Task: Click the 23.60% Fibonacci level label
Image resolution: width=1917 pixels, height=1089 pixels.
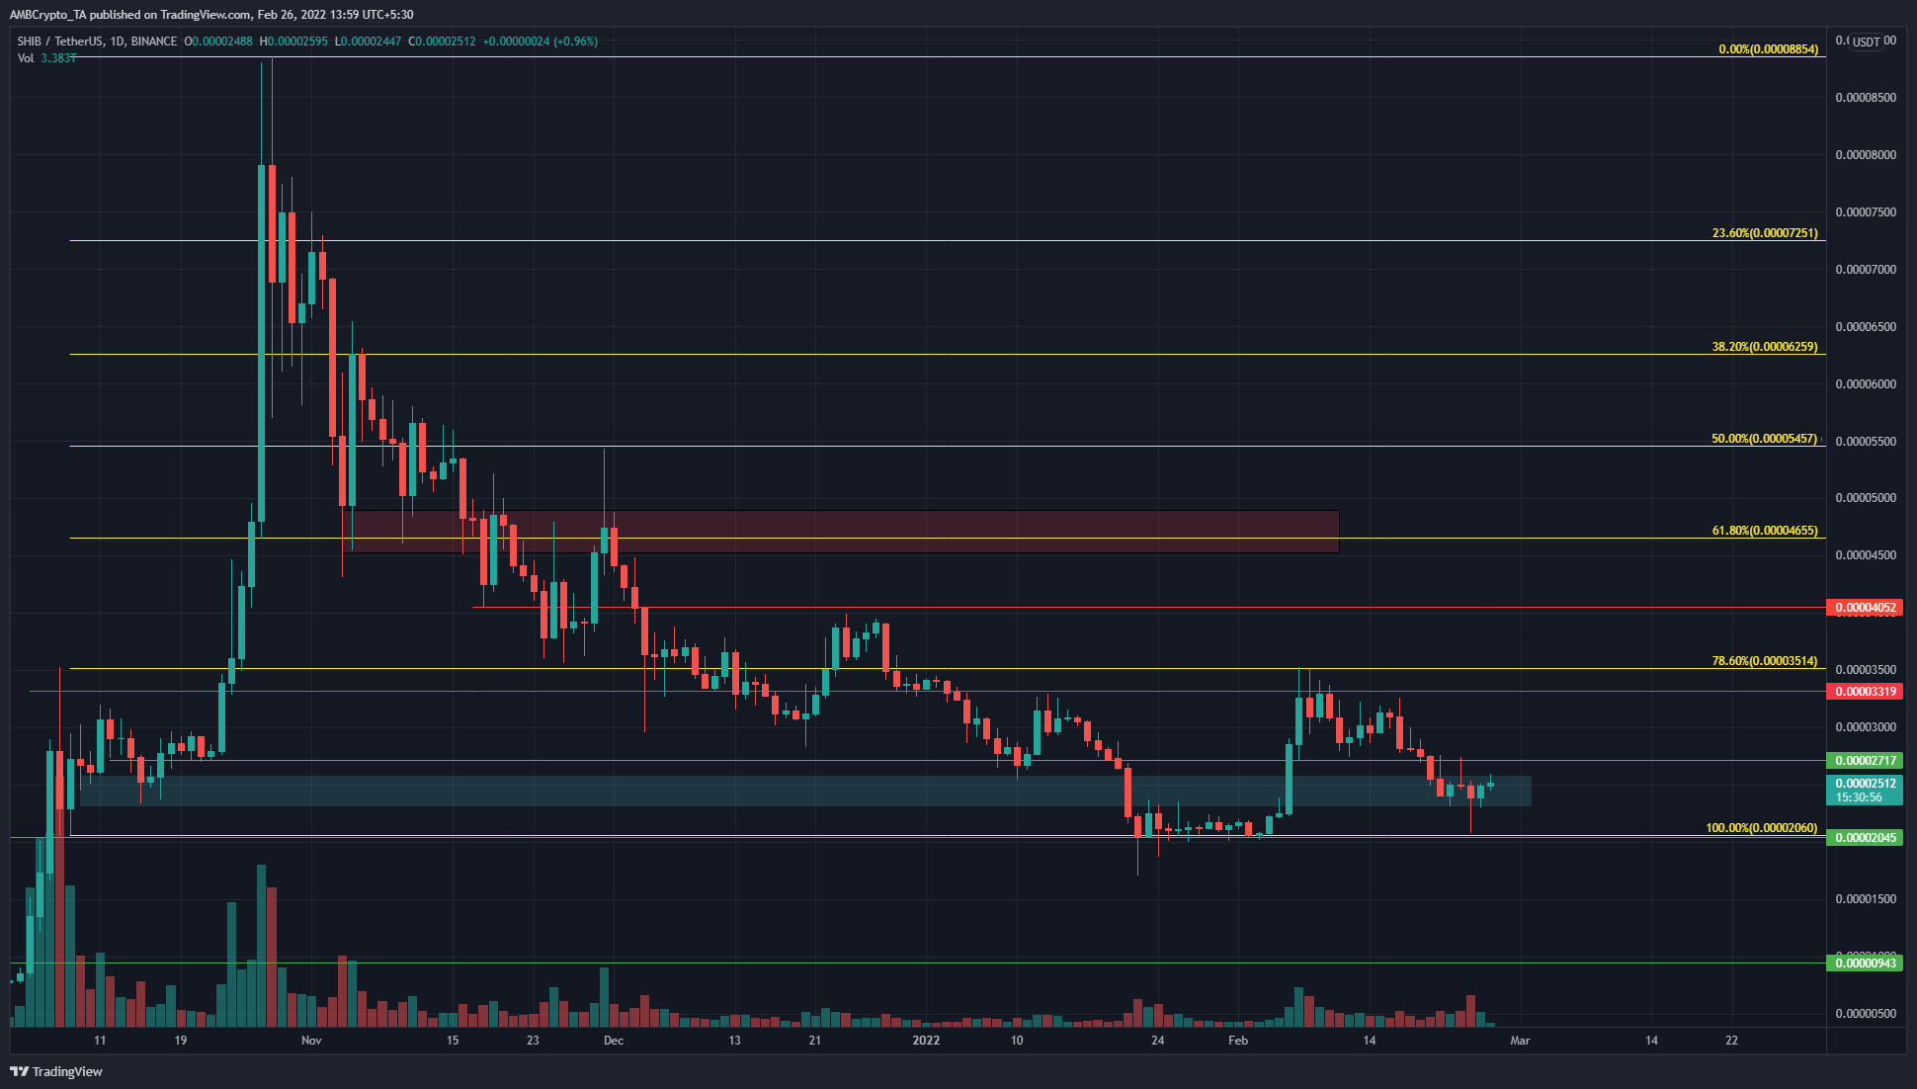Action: [1764, 233]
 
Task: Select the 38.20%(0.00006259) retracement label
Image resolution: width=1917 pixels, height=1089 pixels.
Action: [1764, 347]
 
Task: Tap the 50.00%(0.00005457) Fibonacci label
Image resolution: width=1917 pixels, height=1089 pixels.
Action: [1764, 439]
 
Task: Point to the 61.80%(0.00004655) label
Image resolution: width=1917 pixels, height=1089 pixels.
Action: [1764, 531]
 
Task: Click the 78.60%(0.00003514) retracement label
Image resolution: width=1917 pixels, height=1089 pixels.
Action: [1764, 661]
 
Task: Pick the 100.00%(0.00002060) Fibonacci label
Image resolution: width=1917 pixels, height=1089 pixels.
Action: [1761, 828]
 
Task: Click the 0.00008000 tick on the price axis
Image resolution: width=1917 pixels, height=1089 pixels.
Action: [1866, 155]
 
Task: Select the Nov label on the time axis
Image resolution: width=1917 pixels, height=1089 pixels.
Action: [311, 1040]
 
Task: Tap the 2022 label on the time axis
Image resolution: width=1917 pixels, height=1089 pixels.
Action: [926, 1040]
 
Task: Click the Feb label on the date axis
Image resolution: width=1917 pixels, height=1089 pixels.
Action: [1237, 1040]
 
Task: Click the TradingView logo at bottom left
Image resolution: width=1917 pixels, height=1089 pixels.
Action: [56, 1071]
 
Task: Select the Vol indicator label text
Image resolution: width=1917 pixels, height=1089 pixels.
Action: [26, 58]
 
